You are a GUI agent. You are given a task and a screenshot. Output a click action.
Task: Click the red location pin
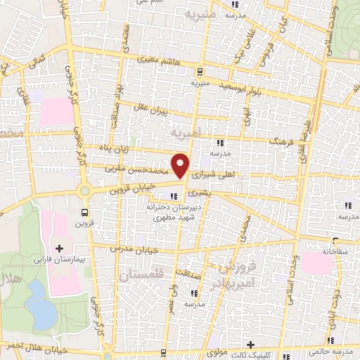[181, 165]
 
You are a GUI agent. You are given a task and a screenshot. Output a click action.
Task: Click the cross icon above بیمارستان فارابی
[59, 248]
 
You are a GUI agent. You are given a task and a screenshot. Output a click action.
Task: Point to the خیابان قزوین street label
[127, 188]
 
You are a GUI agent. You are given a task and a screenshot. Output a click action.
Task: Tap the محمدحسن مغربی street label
[137, 169]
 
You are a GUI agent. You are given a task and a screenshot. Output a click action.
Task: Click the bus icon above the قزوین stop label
[85, 212]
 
